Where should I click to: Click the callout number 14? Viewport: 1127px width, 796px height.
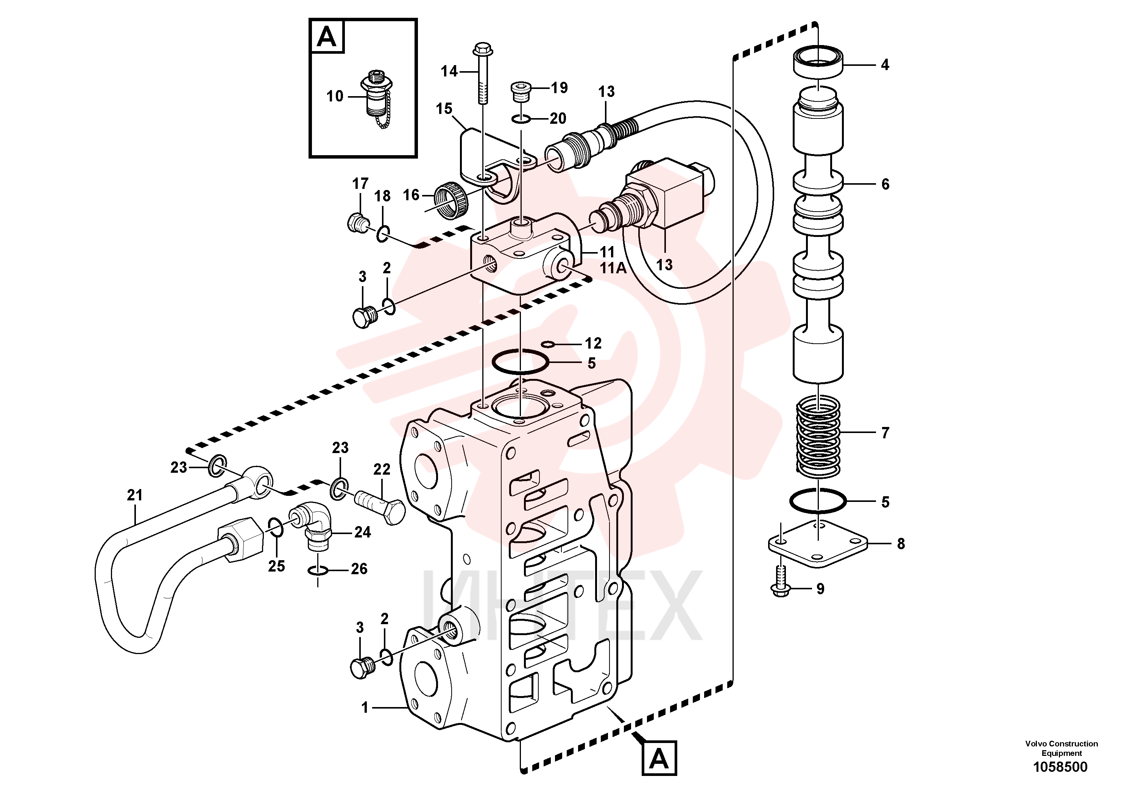point(449,72)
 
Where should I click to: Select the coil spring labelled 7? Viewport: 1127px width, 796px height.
point(818,438)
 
